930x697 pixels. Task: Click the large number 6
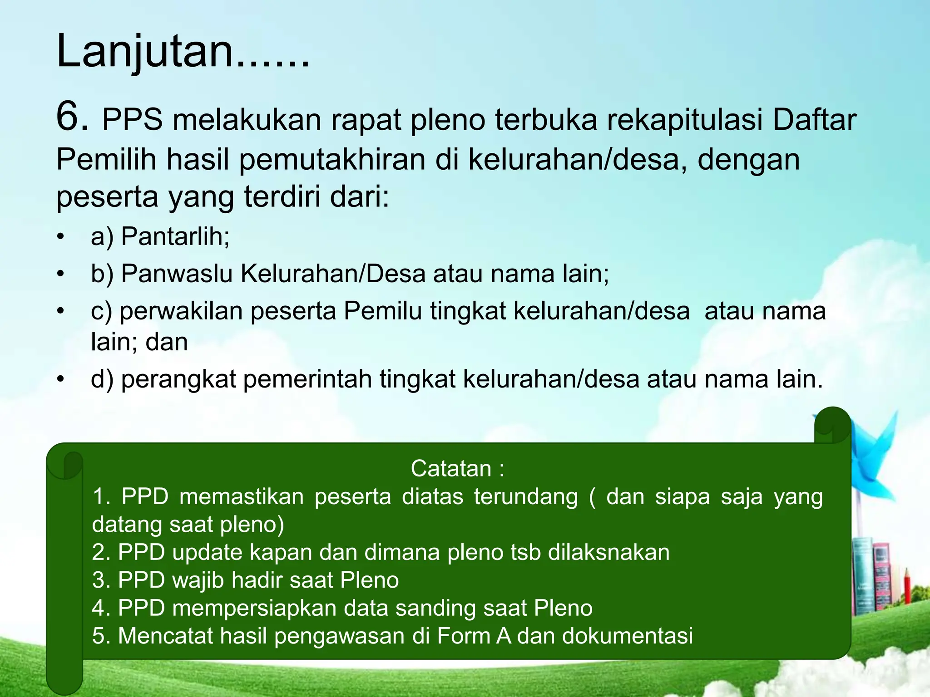point(71,117)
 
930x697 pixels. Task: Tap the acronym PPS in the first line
point(132,120)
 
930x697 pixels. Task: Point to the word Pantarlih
point(175,236)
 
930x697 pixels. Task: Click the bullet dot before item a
point(61,237)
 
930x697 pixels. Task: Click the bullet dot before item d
point(61,379)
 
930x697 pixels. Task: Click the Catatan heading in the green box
point(457,468)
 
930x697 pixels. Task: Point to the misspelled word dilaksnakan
point(608,552)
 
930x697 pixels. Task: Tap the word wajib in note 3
point(198,580)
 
